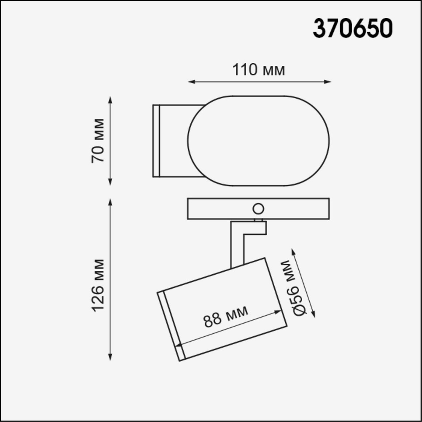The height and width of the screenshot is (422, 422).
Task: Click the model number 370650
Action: pos(352,29)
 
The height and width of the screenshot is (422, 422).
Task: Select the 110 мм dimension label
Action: pos(259,70)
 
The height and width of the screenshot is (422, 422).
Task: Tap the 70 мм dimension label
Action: pos(97,141)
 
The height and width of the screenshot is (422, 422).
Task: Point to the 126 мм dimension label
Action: pos(97,285)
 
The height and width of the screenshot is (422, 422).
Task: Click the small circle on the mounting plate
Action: pos(258,208)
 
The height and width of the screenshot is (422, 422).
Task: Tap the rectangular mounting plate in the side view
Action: pos(219,209)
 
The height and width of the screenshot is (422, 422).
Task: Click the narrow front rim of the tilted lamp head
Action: pos(172,325)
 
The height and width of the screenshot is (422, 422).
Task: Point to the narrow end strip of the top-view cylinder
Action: pos(156,141)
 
